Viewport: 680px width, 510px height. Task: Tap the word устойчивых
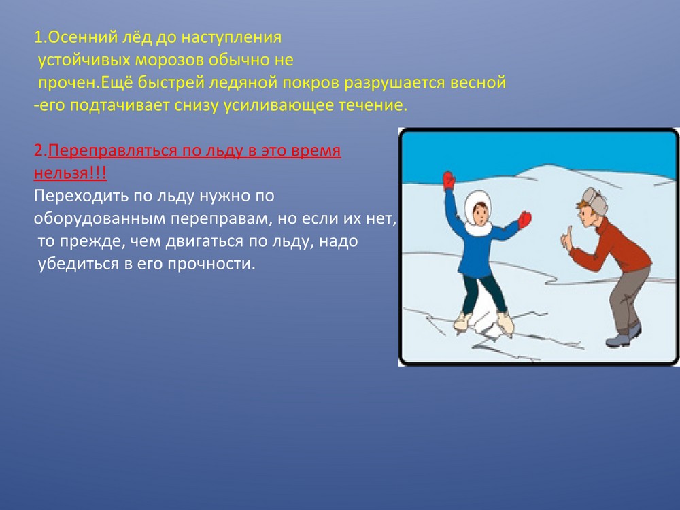tap(84, 61)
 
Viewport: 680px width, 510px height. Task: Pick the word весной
tap(478, 82)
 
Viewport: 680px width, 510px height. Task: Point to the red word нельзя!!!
tap(70, 173)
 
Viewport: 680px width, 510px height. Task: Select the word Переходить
tap(81, 197)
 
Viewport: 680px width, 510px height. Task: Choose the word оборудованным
tap(99, 219)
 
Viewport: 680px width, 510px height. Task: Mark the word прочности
tap(211, 264)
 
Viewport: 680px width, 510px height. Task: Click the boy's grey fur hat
tap(596, 201)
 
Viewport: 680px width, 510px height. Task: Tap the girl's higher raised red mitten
tap(448, 180)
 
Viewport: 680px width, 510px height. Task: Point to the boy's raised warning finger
tap(567, 234)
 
